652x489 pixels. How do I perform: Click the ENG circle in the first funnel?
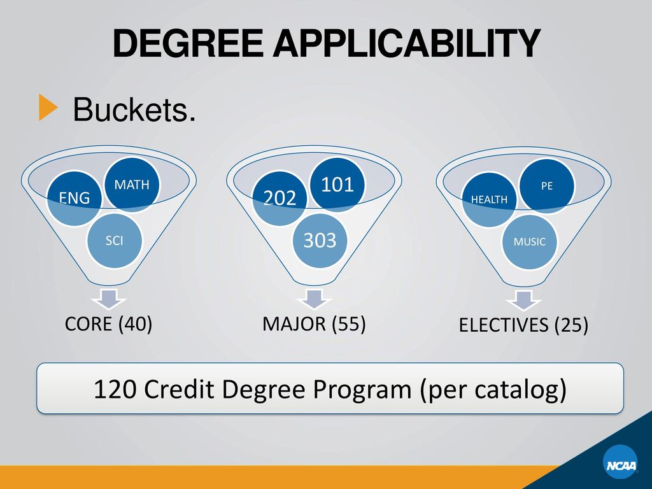point(74,198)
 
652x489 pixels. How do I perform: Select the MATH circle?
point(131,185)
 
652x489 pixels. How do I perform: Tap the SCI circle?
point(115,241)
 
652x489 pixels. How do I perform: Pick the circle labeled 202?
point(280,198)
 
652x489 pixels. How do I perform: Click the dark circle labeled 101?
point(337,185)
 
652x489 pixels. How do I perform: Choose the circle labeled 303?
point(320,241)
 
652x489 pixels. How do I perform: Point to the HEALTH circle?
point(489,199)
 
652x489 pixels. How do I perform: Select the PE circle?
point(546,187)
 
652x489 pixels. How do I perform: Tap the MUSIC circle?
point(529,242)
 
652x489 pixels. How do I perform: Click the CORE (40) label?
point(108,324)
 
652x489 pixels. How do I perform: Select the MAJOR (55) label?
point(314,324)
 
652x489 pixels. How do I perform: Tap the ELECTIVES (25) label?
point(523,325)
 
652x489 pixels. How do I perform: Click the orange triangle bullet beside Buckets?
point(47,107)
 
